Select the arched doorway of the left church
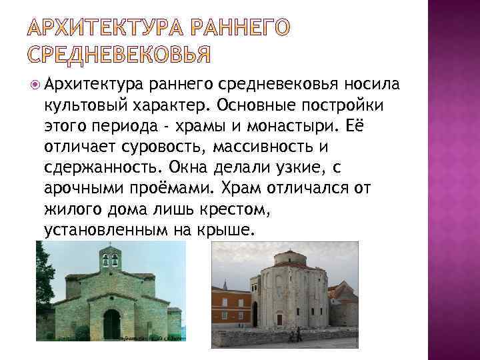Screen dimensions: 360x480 coord(111,323)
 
